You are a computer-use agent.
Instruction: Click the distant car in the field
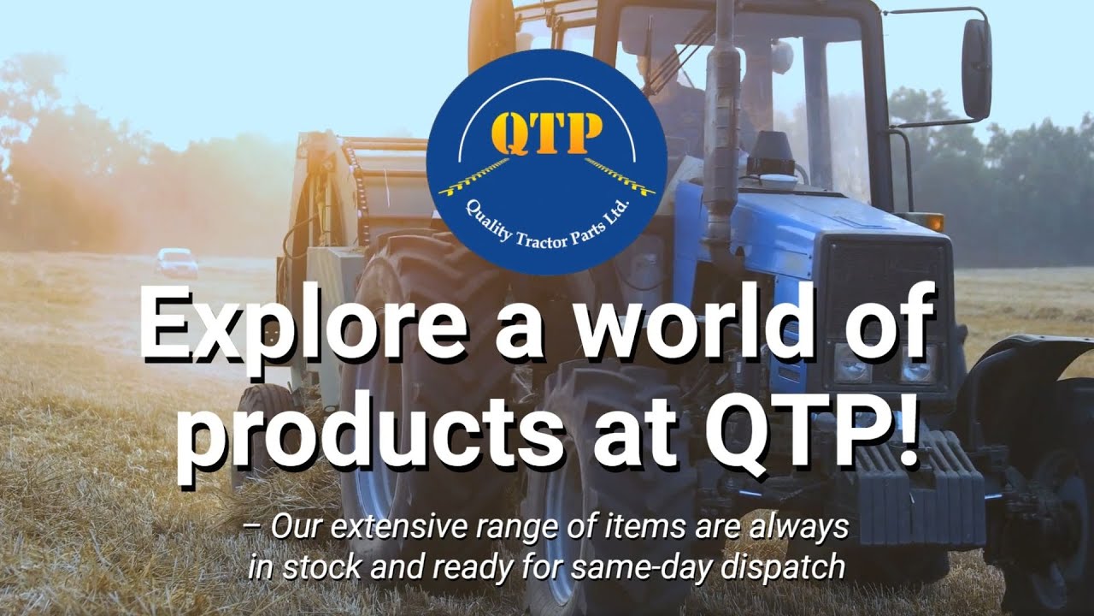pyautogui.click(x=176, y=262)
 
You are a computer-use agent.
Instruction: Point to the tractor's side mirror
pyautogui.click(x=976, y=68)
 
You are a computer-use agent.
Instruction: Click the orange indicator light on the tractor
pyautogui.click(x=934, y=222)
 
